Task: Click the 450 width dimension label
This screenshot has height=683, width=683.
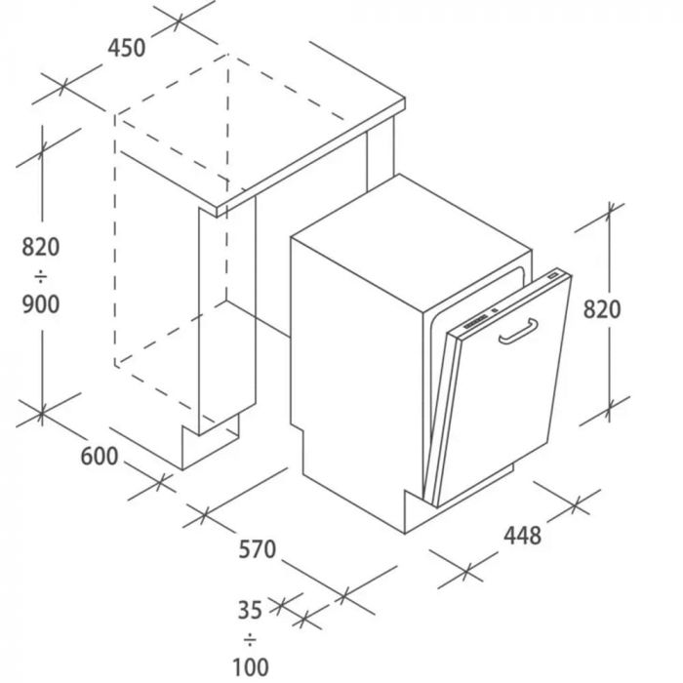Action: [127, 48]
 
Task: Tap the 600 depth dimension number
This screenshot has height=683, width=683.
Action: [100, 456]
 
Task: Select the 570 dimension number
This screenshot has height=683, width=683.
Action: [257, 548]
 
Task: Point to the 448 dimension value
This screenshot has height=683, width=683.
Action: [522, 536]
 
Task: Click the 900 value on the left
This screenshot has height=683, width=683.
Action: [41, 304]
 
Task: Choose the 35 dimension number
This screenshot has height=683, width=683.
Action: [250, 610]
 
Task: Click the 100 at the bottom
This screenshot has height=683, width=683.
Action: [251, 666]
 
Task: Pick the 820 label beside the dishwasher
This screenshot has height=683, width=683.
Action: [602, 309]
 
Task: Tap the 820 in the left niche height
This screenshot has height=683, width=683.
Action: [41, 247]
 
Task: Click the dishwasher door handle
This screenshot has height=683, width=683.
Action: [518, 332]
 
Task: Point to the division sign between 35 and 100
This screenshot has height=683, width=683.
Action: [250, 640]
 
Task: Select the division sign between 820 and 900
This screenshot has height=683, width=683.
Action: [41, 276]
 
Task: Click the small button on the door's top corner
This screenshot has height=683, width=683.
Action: [553, 276]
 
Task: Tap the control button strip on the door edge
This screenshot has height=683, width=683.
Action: [476, 322]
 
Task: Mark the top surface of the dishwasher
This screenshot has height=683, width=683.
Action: [411, 243]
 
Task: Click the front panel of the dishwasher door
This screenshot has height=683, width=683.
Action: [504, 388]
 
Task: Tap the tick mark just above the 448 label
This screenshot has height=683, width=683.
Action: [576, 504]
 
